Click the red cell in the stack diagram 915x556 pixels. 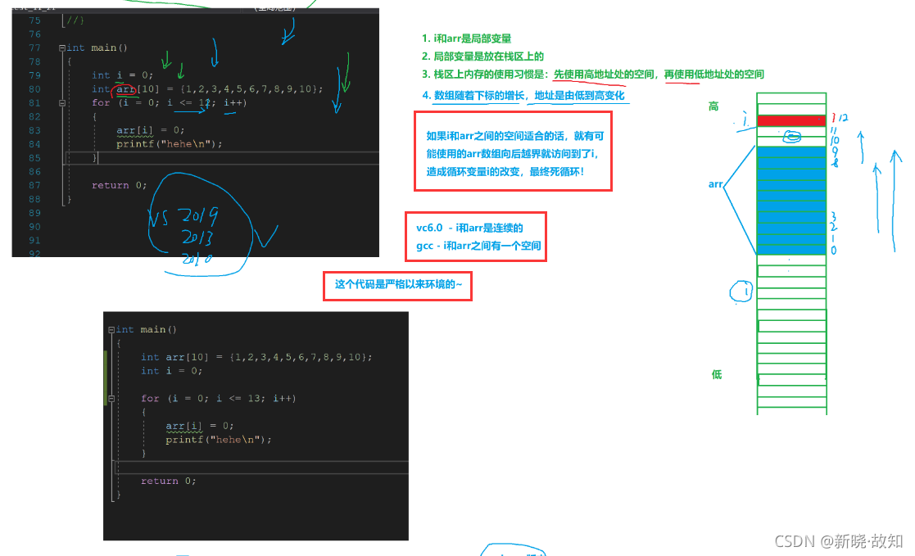click(x=791, y=120)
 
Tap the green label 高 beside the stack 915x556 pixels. click(x=713, y=106)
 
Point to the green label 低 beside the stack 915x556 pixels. click(x=717, y=374)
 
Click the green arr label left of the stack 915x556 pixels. click(x=715, y=185)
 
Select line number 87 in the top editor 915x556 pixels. click(x=34, y=185)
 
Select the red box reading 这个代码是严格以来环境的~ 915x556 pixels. click(x=397, y=285)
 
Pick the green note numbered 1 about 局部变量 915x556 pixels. click(x=467, y=38)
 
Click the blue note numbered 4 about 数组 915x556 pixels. click(x=524, y=96)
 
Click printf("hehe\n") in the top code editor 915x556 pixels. click(x=169, y=144)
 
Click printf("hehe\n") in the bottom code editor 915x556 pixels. click(x=218, y=439)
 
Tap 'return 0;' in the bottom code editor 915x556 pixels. click(x=168, y=481)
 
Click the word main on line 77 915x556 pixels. click(x=103, y=47)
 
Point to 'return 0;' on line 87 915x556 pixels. click(x=119, y=185)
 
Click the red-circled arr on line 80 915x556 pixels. click(x=125, y=88)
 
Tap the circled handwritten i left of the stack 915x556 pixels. click(x=742, y=291)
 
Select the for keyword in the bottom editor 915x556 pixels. click(x=149, y=398)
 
